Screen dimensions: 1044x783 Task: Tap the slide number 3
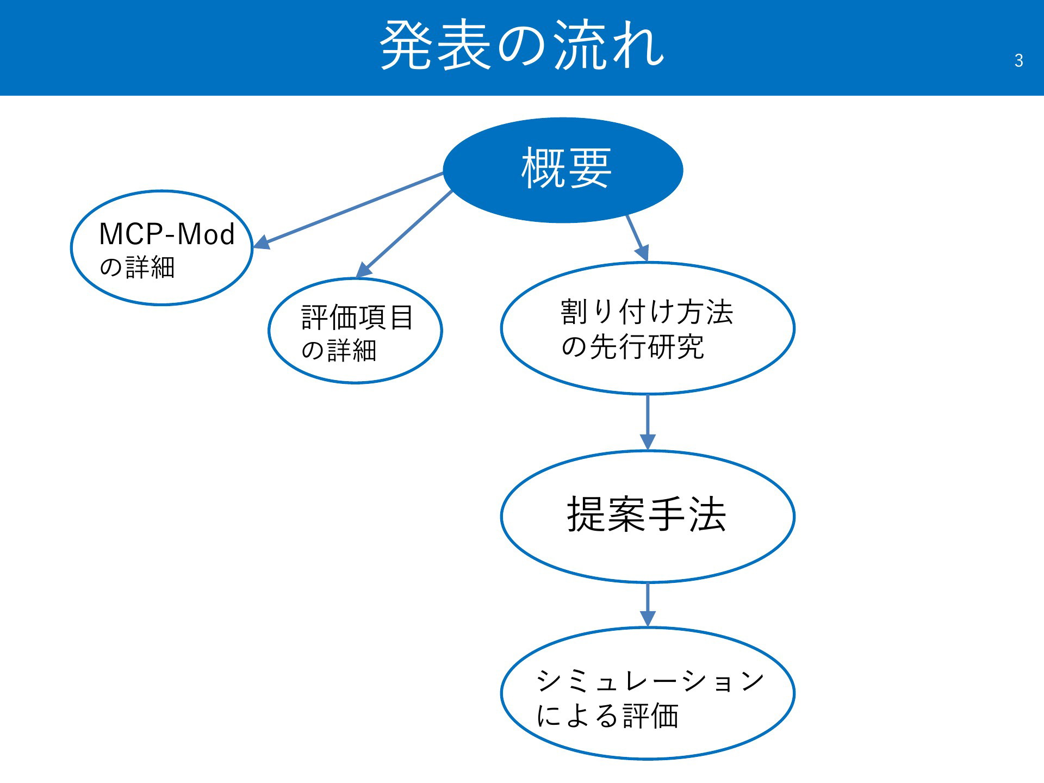tap(1018, 60)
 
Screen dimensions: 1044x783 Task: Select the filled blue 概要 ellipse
tap(563, 170)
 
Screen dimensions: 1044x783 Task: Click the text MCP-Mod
tap(167, 234)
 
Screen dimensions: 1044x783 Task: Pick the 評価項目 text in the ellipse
tap(357, 318)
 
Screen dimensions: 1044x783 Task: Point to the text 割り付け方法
tap(647, 312)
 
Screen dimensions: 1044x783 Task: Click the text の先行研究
tap(632, 346)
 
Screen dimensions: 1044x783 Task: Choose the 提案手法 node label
tap(647, 514)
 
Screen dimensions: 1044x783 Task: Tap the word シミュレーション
tap(650, 681)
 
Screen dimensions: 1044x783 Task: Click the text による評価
tap(607, 716)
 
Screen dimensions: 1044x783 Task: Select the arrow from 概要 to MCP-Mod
tap(349, 211)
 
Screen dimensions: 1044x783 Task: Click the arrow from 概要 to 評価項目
tap(404, 234)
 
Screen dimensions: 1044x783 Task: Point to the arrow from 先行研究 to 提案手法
tap(648, 422)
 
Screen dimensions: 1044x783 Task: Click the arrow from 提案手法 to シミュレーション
tap(648, 605)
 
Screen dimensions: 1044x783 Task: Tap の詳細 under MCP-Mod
tap(137, 268)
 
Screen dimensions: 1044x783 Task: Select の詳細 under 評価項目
tap(339, 351)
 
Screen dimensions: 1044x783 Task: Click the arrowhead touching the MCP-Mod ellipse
tap(262, 243)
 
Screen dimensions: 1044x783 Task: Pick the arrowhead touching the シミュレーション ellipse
tap(648, 619)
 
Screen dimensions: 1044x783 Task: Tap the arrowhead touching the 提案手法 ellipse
tap(648, 442)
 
